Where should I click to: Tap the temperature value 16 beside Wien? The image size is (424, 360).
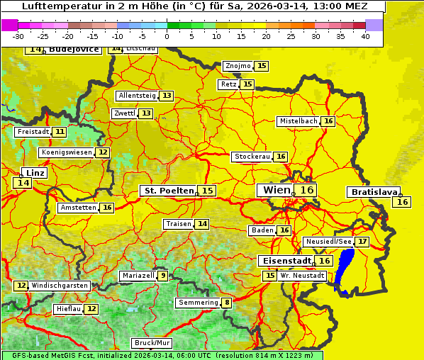(x=306, y=190)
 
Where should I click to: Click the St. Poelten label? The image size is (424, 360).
(x=168, y=191)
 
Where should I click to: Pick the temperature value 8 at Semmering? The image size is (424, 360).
(x=227, y=303)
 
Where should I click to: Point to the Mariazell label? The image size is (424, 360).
(x=138, y=276)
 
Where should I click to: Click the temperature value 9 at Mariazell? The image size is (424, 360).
(x=163, y=276)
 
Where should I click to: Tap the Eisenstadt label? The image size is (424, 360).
(x=284, y=261)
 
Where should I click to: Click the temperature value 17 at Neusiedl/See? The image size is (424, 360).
(x=362, y=242)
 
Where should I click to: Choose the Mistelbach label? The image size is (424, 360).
(x=298, y=121)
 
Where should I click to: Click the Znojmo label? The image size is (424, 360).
(x=238, y=66)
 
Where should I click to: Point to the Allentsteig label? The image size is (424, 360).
(x=137, y=96)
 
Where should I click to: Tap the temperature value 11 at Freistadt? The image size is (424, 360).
(x=60, y=132)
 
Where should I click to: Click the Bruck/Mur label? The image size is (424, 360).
(x=152, y=342)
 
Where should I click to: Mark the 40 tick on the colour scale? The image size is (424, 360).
(x=365, y=35)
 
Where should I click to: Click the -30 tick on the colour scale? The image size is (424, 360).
(x=18, y=35)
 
